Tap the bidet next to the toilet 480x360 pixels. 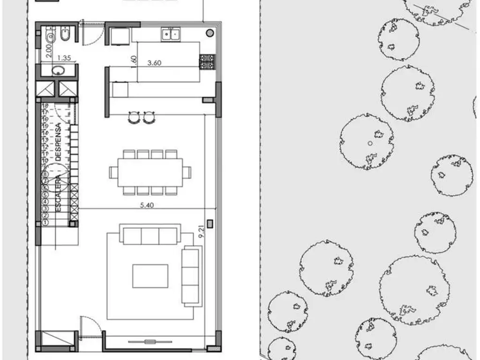(65, 35)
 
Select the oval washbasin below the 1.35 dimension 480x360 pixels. (58, 71)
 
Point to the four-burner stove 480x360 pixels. (207, 62)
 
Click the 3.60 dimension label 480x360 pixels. (154, 63)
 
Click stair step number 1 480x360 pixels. (45, 223)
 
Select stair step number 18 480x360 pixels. (45, 106)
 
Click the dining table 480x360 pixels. (150, 172)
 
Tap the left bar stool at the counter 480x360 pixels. (134, 117)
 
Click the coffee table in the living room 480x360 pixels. (150, 276)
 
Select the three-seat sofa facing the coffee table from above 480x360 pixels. (150, 234)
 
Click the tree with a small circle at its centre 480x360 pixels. (367, 142)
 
